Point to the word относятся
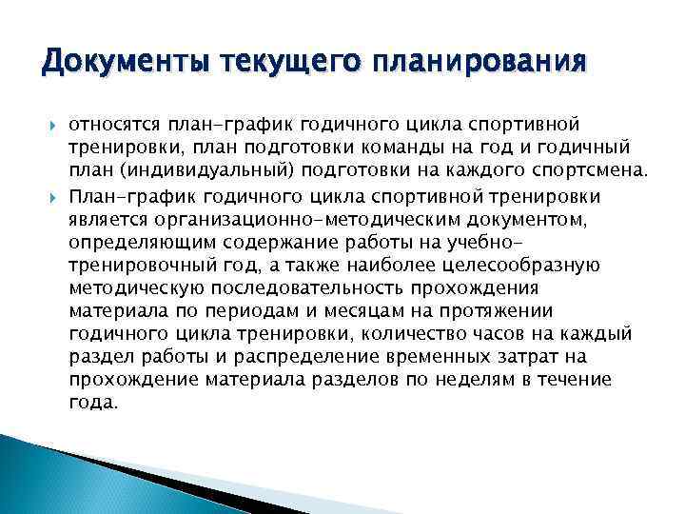[x=111, y=126]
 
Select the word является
[x=108, y=218]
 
